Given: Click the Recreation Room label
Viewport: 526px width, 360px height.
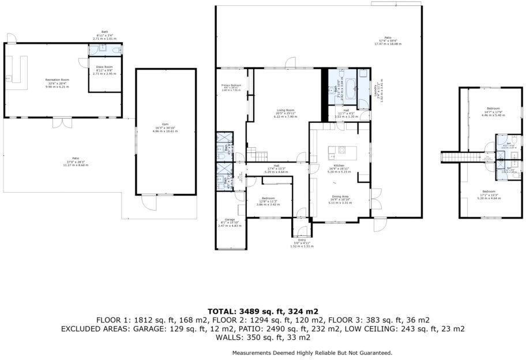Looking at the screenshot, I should (57, 80).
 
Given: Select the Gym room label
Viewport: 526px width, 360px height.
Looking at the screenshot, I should (165, 126).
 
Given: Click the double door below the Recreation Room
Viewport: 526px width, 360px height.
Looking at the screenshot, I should (60, 122).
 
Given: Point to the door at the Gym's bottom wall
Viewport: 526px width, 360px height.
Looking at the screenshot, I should (149, 202).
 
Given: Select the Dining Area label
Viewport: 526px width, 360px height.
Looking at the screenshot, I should (339, 197).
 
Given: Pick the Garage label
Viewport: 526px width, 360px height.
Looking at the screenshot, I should (230, 220).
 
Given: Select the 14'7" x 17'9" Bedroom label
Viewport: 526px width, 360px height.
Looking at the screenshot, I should (493, 110).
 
